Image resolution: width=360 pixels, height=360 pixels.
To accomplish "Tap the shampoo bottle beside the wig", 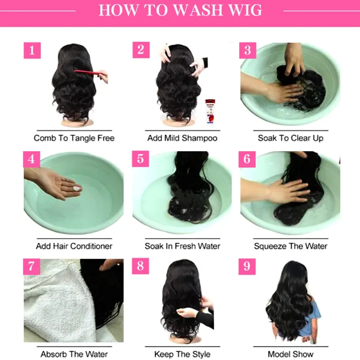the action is click(210, 111).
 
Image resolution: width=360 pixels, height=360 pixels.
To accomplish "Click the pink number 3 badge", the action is click(248, 50).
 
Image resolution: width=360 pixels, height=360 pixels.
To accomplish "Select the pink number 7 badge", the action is click(31, 266).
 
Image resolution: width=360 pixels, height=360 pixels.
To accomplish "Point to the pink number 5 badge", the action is click(140, 159).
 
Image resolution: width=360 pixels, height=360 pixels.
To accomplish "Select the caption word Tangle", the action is click(83, 138).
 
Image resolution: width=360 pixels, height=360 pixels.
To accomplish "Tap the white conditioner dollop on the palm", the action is click(76, 189).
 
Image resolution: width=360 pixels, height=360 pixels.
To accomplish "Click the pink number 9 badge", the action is click(247, 266).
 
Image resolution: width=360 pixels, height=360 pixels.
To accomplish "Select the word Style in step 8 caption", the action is click(201, 354).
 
